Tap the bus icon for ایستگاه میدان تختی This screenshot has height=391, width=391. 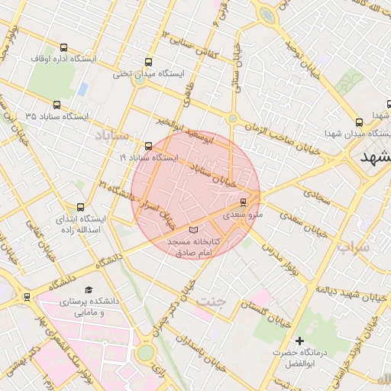point(147,63)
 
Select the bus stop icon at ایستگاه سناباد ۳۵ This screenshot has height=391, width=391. point(57,105)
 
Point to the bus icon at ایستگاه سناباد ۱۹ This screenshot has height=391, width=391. point(148,146)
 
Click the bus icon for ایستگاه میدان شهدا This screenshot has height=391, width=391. point(359,121)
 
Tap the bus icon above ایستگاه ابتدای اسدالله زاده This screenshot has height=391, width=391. point(81,207)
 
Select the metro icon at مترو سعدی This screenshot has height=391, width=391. point(244,202)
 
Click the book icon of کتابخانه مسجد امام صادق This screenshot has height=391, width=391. point(192,230)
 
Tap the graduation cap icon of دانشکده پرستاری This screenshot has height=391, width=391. point(89,290)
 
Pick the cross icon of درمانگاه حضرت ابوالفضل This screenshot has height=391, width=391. point(299,341)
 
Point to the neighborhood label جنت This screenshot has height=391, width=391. point(212,300)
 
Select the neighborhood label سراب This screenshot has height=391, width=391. point(353,247)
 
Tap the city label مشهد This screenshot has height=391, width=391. point(373,157)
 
